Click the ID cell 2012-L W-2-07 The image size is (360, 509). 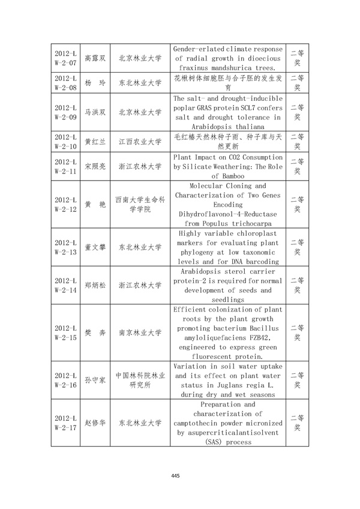[x=65, y=58]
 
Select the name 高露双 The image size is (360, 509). [x=95, y=58]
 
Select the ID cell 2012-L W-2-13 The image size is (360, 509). [x=65, y=246]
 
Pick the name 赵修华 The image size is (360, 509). [x=95, y=423]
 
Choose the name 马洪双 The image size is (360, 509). [x=95, y=112]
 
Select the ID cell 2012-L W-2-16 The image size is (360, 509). [x=65, y=379]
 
